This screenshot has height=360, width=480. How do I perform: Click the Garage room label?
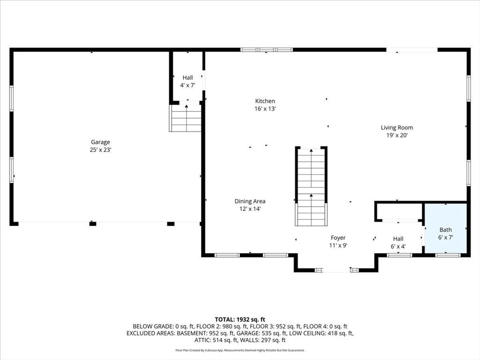point(100,142)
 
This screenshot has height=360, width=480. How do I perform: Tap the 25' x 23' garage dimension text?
point(100,150)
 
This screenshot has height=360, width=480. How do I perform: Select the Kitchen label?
point(265,101)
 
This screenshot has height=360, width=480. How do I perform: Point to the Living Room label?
point(397,127)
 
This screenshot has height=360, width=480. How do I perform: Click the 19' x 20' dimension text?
point(397,135)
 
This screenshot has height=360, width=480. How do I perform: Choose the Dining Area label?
point(250,201)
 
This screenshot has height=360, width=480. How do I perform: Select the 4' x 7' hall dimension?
point(187,85)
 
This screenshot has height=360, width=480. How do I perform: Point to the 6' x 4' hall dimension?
point(398,247)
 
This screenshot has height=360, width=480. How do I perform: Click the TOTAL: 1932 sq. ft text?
point(240,319)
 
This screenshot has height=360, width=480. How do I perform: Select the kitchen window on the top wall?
point(266,49)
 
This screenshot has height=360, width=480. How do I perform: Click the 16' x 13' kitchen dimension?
point(265,109)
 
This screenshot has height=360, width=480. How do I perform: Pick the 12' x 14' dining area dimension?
point(250,209)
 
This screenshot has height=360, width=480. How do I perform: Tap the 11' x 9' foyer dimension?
point(338,245)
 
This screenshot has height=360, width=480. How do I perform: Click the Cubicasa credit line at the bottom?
point(240,350)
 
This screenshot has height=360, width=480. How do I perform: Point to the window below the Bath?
point(448,255)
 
